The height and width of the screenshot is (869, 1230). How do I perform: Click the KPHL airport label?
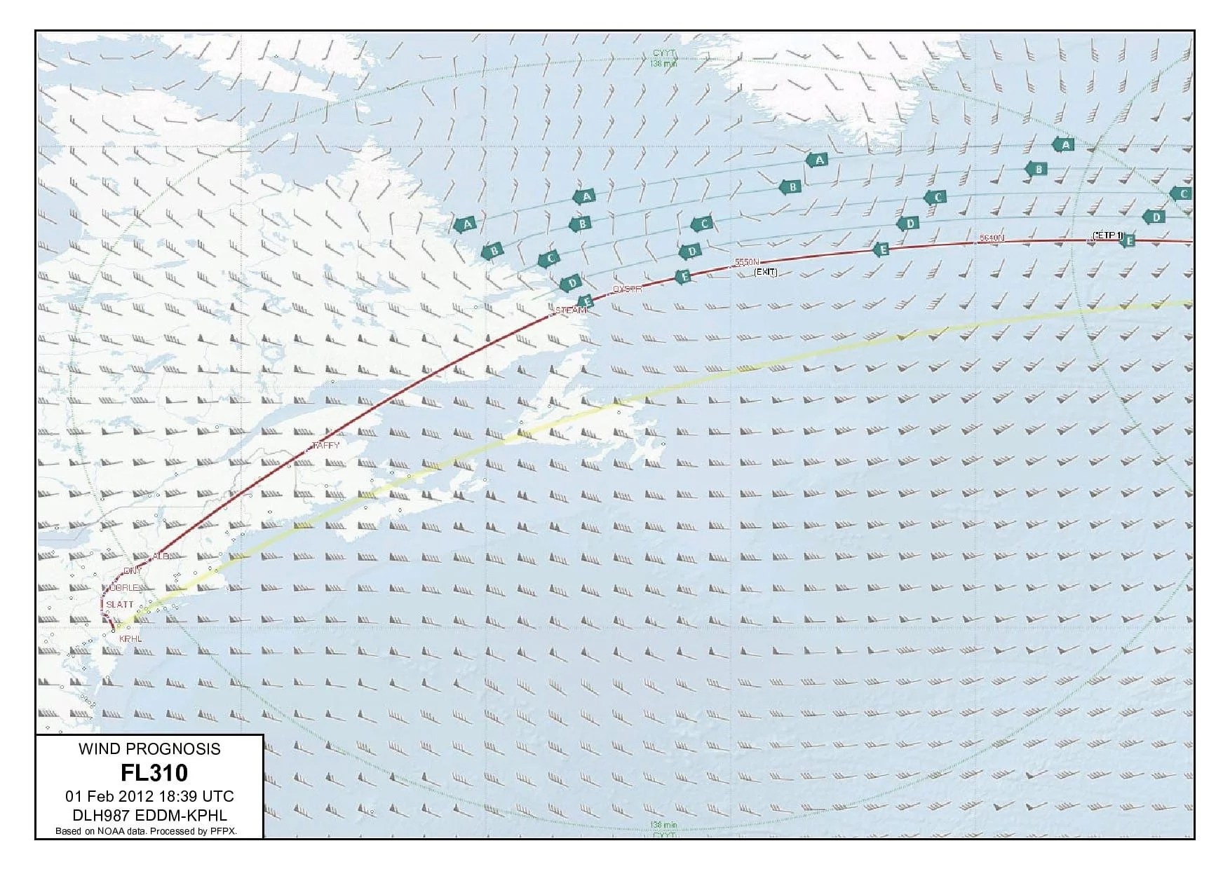coord(130,638)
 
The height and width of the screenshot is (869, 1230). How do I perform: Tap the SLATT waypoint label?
coord(120,604)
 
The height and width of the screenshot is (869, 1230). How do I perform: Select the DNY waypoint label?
coord(132,571)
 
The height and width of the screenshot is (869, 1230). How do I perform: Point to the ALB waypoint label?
coord(161,556)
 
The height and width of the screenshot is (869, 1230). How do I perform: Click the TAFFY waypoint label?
coord(325,445)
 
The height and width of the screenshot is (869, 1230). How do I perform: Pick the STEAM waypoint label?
coord(570,310)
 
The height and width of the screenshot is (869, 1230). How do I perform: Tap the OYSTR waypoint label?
coord(627,289)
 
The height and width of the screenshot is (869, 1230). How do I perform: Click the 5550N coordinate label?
coord(747,262)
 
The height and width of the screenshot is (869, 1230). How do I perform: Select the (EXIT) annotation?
coord(765,272)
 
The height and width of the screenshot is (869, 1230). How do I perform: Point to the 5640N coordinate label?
coord(992,238)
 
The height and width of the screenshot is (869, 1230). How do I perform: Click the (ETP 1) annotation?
coord(1107,235)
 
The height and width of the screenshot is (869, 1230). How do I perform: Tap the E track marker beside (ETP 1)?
coord(1128,241)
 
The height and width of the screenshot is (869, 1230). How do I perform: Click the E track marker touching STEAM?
coord(587,302)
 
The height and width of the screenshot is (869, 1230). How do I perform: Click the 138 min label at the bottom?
coord(663,825)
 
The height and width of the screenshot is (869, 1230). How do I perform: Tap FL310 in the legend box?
coord(154,773)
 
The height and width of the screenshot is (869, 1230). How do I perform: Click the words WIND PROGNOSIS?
coord(149,748)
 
